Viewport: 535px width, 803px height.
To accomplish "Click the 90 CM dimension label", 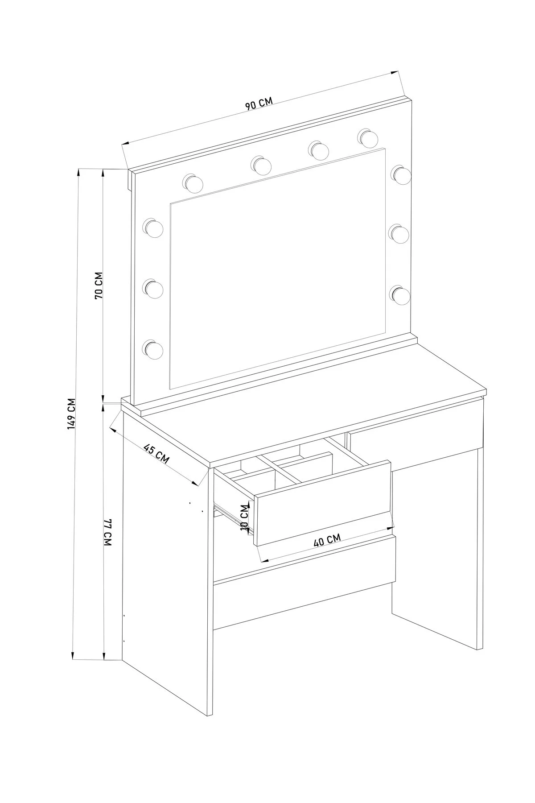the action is (259, 104).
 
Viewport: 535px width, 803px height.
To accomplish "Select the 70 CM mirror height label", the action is (99, 285).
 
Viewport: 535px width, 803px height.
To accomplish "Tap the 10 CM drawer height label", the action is (244, 517).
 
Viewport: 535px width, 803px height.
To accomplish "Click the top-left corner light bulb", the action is (193, 183).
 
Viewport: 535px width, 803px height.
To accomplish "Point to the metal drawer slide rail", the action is (234, 519).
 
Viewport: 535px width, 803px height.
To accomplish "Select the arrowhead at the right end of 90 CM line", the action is (394, 73).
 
